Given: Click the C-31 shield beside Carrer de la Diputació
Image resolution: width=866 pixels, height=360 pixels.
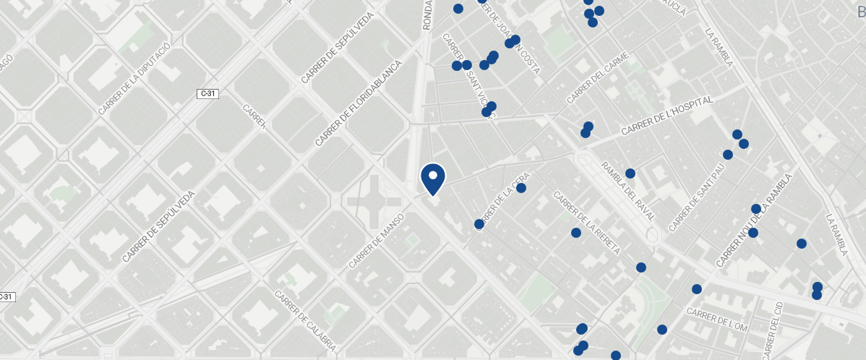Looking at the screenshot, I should [207, 94].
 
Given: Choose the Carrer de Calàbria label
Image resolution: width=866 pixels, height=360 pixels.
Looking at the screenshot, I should [305, 321].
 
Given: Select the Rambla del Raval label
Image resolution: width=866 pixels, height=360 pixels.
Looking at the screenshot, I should [628, 192].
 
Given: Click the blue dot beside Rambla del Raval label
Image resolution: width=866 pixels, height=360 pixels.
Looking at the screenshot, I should [630, 173].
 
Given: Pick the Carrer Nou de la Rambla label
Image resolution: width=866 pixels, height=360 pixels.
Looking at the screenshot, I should [754, 220].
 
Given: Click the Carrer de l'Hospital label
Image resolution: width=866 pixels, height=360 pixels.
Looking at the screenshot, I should [666, 116].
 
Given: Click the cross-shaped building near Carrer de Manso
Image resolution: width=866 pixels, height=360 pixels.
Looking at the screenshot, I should [373, 202].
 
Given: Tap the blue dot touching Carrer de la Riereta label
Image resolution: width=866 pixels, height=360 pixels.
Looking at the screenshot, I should [576, 233].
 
